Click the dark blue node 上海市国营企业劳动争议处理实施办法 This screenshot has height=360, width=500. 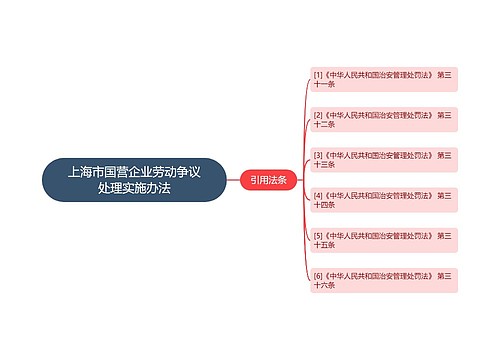tap(134, 180)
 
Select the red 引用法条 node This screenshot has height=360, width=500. tap(268, 180)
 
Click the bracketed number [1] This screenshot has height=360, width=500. tap(318, 74)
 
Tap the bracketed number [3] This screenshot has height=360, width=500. tap(318, 155)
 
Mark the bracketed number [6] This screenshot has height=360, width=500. tap(318, 274)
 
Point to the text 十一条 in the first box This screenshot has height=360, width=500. tap(325, 84)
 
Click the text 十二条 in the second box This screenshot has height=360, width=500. tap(325, 124)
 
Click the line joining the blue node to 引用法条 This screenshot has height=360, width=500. tap(233, 180)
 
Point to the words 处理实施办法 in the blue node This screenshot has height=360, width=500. tap(134, 188)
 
